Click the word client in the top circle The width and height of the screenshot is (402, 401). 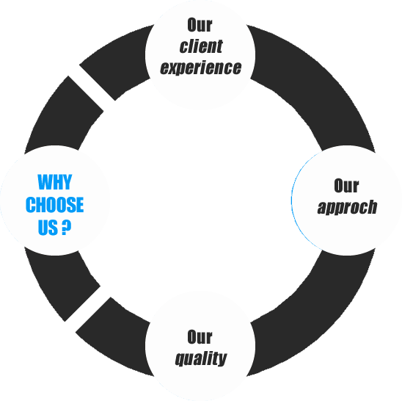coord(200,46)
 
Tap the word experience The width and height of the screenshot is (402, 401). coord(200,68)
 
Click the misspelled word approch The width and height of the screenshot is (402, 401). coord(347,207)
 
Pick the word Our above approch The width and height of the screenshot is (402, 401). coord(346,185)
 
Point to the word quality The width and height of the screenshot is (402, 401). coord(200,359)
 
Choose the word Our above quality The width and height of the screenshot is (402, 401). coord(200,337)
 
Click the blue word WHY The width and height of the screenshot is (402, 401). coord(55,182)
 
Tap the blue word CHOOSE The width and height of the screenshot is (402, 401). coord(55,204)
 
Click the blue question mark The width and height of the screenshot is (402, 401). coord(67,227)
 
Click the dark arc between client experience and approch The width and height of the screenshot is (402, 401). coord(308,81)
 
